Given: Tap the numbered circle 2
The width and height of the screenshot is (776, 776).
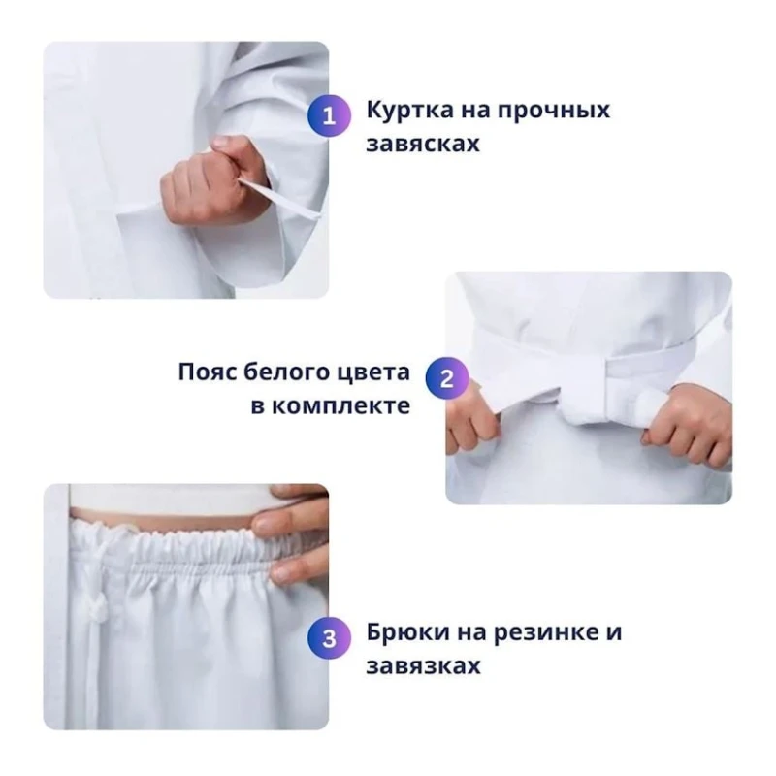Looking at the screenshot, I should click(447, 378).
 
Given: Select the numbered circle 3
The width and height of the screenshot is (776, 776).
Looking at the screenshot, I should click(329, 639).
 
